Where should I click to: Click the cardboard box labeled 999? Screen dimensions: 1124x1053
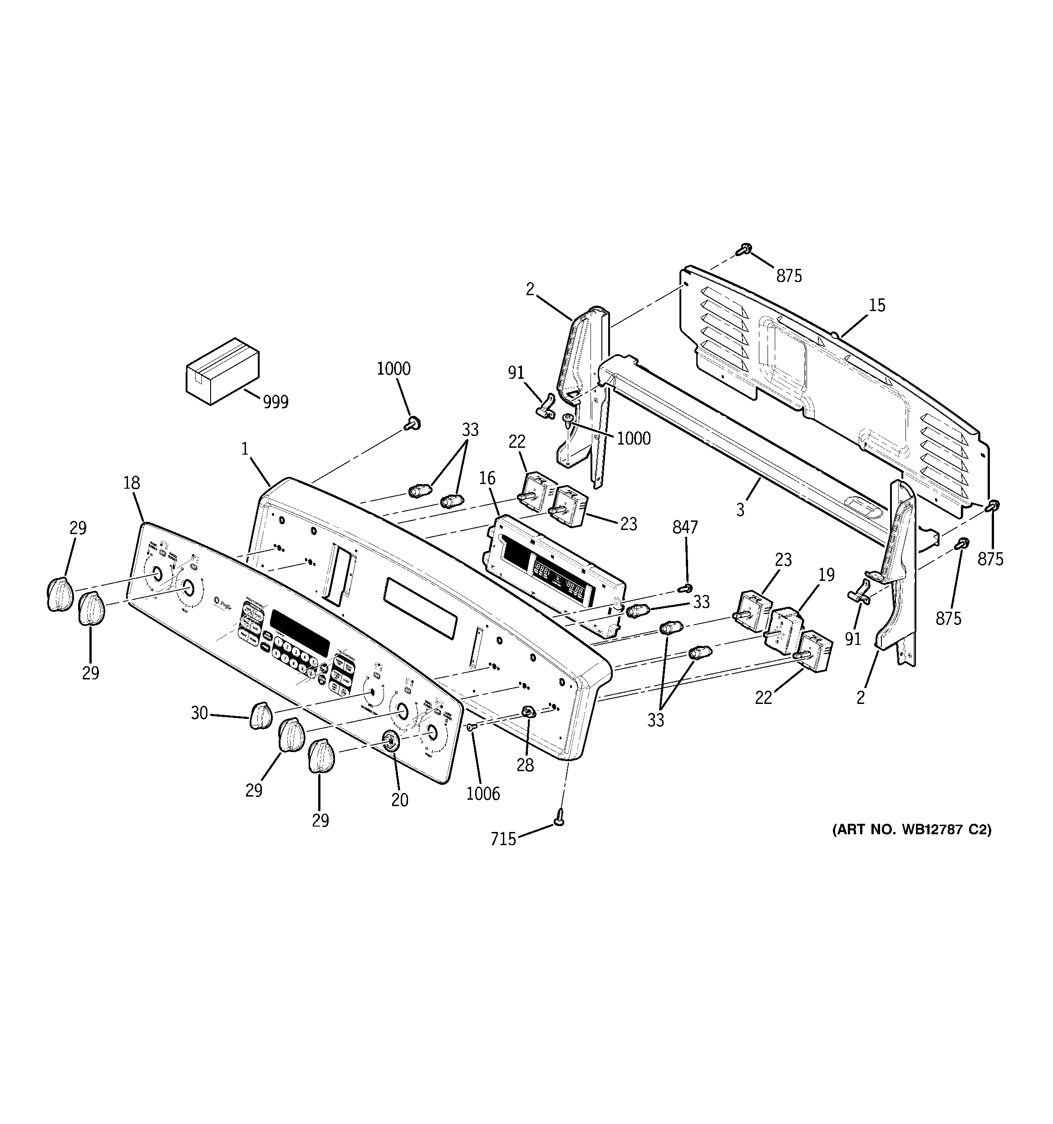(222, 371)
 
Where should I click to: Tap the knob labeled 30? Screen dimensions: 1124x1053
(261, 717)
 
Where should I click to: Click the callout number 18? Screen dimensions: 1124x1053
(131, 483)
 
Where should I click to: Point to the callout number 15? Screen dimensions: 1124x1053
(876, 305)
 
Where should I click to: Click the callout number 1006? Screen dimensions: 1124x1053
(483, 794)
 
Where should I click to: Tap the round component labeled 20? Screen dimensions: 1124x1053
(389, 740)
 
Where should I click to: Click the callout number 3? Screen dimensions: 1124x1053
(740, 510)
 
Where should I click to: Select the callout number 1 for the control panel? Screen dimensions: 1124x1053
(245, 449)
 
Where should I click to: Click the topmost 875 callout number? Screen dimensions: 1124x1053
(788, 276)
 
